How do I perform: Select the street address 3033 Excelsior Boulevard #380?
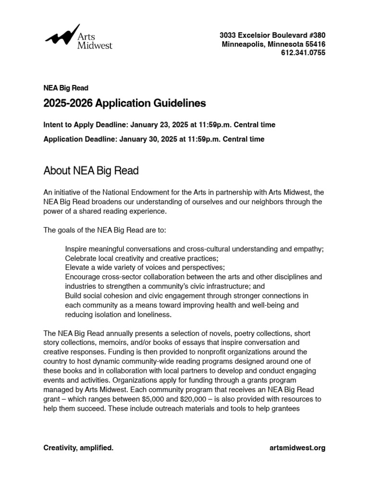[x=272, y=35]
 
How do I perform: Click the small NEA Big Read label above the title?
[x=66, y=88]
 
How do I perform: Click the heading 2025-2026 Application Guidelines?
[x=124, y=103]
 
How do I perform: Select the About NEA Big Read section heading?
[x=91, y=171]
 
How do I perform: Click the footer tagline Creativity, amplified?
[x=78, y=448]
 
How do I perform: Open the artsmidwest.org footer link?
[x=298, y=448]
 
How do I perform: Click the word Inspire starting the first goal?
[x=77, y=249]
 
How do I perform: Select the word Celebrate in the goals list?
[x=82, y=258]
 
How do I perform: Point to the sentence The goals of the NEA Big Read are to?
[x=105, y=230]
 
